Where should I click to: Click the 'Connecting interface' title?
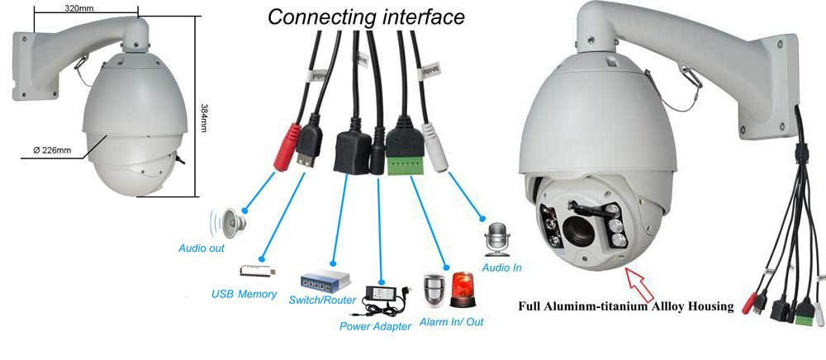point(366,16)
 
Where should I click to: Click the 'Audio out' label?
point(202,248)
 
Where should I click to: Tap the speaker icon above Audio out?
point(232,220)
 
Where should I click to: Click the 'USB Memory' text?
point(244,294)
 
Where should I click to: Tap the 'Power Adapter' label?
point(375,326)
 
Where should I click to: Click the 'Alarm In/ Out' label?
point(451,321)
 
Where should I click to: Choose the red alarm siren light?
point(463,291)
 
